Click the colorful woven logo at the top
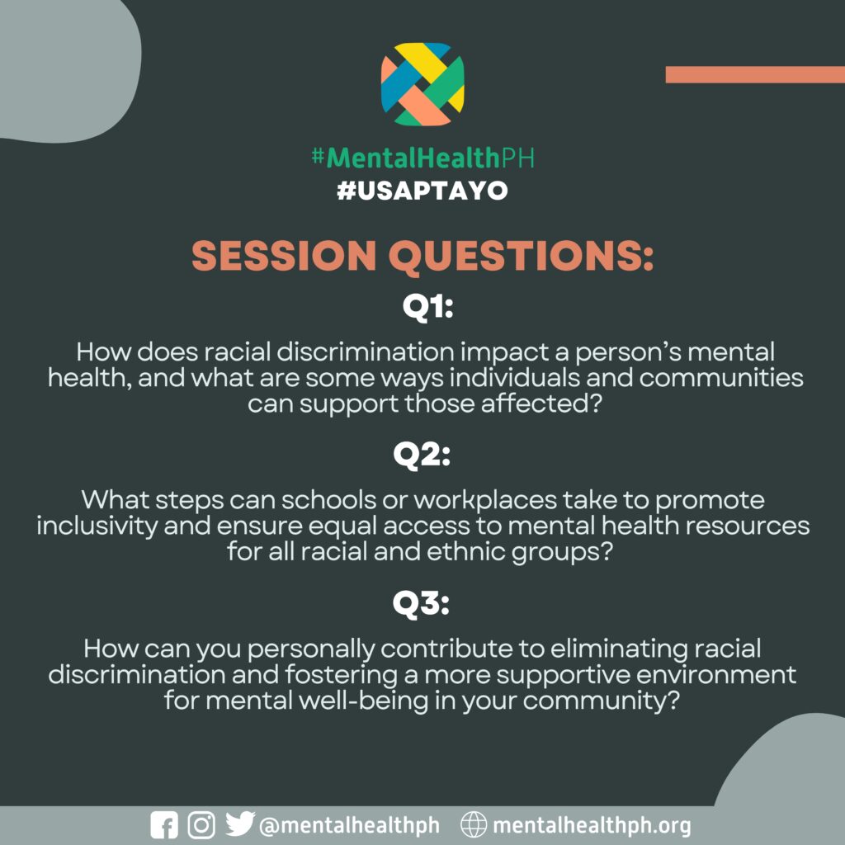point(422,84)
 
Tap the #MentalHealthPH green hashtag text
point(422,158)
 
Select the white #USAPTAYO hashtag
point(422,191)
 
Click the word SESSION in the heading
point(284,255)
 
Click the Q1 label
point(427,308)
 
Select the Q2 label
point(422,456)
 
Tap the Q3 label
point(421,604)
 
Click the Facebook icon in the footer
point(164,825)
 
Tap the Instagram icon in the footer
point(201,825)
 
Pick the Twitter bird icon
point(240,824)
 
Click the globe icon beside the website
point(474,825)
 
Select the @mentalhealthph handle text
point(349,825)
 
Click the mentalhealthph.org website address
point(592,825)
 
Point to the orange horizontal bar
point(755,75)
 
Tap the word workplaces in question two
point(485,501)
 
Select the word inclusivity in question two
point(97,526)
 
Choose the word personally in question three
point(311,649)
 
